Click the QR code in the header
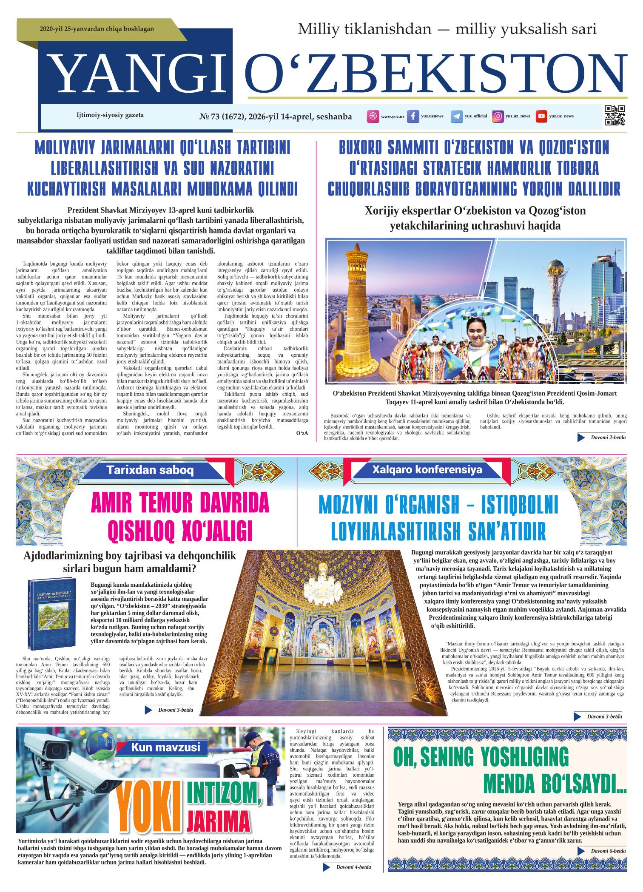tap(615, 115)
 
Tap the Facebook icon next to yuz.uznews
tap(413, 116)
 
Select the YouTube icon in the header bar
tap(541, 116)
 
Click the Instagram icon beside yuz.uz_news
tap(498, 116)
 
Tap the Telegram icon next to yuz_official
tap(457, 116)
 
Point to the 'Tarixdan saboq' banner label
tap(150, 470)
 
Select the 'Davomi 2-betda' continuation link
tap(608, 437)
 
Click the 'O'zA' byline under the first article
tap(302, 433)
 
